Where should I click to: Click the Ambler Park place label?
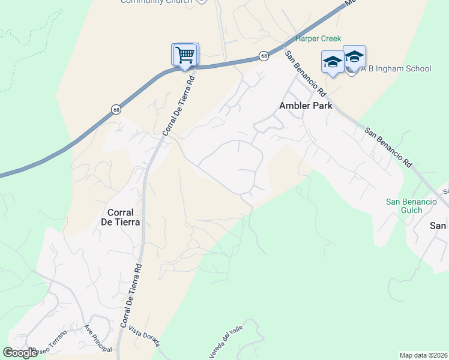306,106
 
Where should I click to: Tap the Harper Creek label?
318,38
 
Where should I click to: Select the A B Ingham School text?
396,68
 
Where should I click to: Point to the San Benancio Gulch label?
411,206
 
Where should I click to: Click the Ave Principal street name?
98,340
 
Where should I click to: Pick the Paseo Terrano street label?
51,350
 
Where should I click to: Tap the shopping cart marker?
185,55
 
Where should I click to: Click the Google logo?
20,353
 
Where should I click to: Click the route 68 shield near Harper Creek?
264,56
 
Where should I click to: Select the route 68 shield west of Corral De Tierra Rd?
115,109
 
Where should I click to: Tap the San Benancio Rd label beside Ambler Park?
305,74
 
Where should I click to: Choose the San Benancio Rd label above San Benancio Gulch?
390,147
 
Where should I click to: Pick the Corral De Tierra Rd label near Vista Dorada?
131,296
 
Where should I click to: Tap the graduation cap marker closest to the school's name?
354,58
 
